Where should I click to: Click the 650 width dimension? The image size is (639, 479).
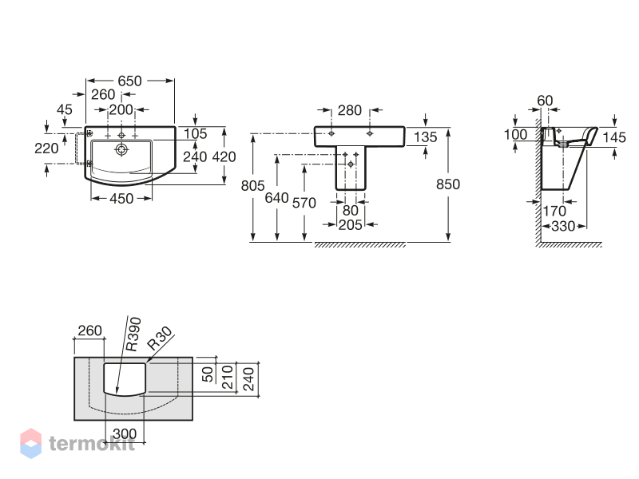pyautogui.click(x=129, y=81)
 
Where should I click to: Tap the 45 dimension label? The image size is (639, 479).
pyautogui.click(x=65, y=109)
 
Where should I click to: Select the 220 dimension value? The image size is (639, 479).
pyautogui.click(x=46, y=148)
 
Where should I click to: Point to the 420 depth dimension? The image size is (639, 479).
pyautogui.click(x=224, y=156)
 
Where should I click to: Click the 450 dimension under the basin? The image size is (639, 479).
pyautogui.click(x=121, y=199)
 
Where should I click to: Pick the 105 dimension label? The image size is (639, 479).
pyautogui.click(x=195, y=133)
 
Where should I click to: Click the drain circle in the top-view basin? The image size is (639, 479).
pyautogui.click(x=121, y=149)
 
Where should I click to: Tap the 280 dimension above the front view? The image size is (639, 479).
pyautogui.click(x=350, y=110)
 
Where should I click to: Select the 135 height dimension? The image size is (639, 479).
pyautogui.click(x=426, y=137)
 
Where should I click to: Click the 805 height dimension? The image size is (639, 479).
pyautogui.click(x=252, y=186)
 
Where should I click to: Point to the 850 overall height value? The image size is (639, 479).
pyautogui.click(x=448, y=184)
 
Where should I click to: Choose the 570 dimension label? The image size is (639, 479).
pyautogui.click(x=304, y=203)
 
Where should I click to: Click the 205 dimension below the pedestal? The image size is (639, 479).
pyautogui.click(x=351, y=225)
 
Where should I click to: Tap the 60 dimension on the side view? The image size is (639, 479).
pyautogui.click(x=545, y=101)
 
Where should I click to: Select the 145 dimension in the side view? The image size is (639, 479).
pyautogui.click(x=614, y=137)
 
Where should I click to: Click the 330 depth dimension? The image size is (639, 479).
pyautogui.click(x=563, y=227)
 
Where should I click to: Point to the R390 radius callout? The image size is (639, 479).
pyautogui.click(x=133, y=335)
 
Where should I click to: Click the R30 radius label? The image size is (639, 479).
pyautogui.click(x=159, y=338)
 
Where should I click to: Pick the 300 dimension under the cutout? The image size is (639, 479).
pyautogui.click(x=125, y=434)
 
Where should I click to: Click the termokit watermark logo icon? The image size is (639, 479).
pyautogui.click(x=30, y=443)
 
